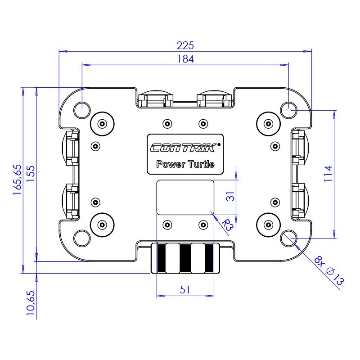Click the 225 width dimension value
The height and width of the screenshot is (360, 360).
click(x=185, y=45)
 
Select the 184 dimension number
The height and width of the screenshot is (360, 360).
click(x=185, y=59)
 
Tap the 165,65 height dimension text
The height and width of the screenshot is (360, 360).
click(x=18, y=180)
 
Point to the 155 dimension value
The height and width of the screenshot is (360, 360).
click(x=31, y=174)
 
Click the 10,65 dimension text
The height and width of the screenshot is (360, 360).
click(x=31, y=303)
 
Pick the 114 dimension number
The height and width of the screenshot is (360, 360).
click(x=328, y=174)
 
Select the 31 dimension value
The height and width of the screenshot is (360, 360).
click(x=230, y=197)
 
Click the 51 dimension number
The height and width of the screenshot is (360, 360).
click(x=185, y=290)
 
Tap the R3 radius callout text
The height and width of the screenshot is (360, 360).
click(x=228, y=225)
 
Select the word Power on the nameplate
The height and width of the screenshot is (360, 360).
click(x=171, y=164)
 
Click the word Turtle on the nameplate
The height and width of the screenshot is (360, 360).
click(x=201, y=164)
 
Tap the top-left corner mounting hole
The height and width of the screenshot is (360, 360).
click(x=82, y=110)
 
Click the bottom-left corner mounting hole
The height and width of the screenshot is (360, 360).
click(x=82, y=238)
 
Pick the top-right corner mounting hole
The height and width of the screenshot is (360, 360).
click(x=289, y=110)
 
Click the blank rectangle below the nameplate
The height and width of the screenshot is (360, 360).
click(x=185, y=198)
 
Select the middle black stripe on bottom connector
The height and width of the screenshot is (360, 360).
click(x=185, y=258)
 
